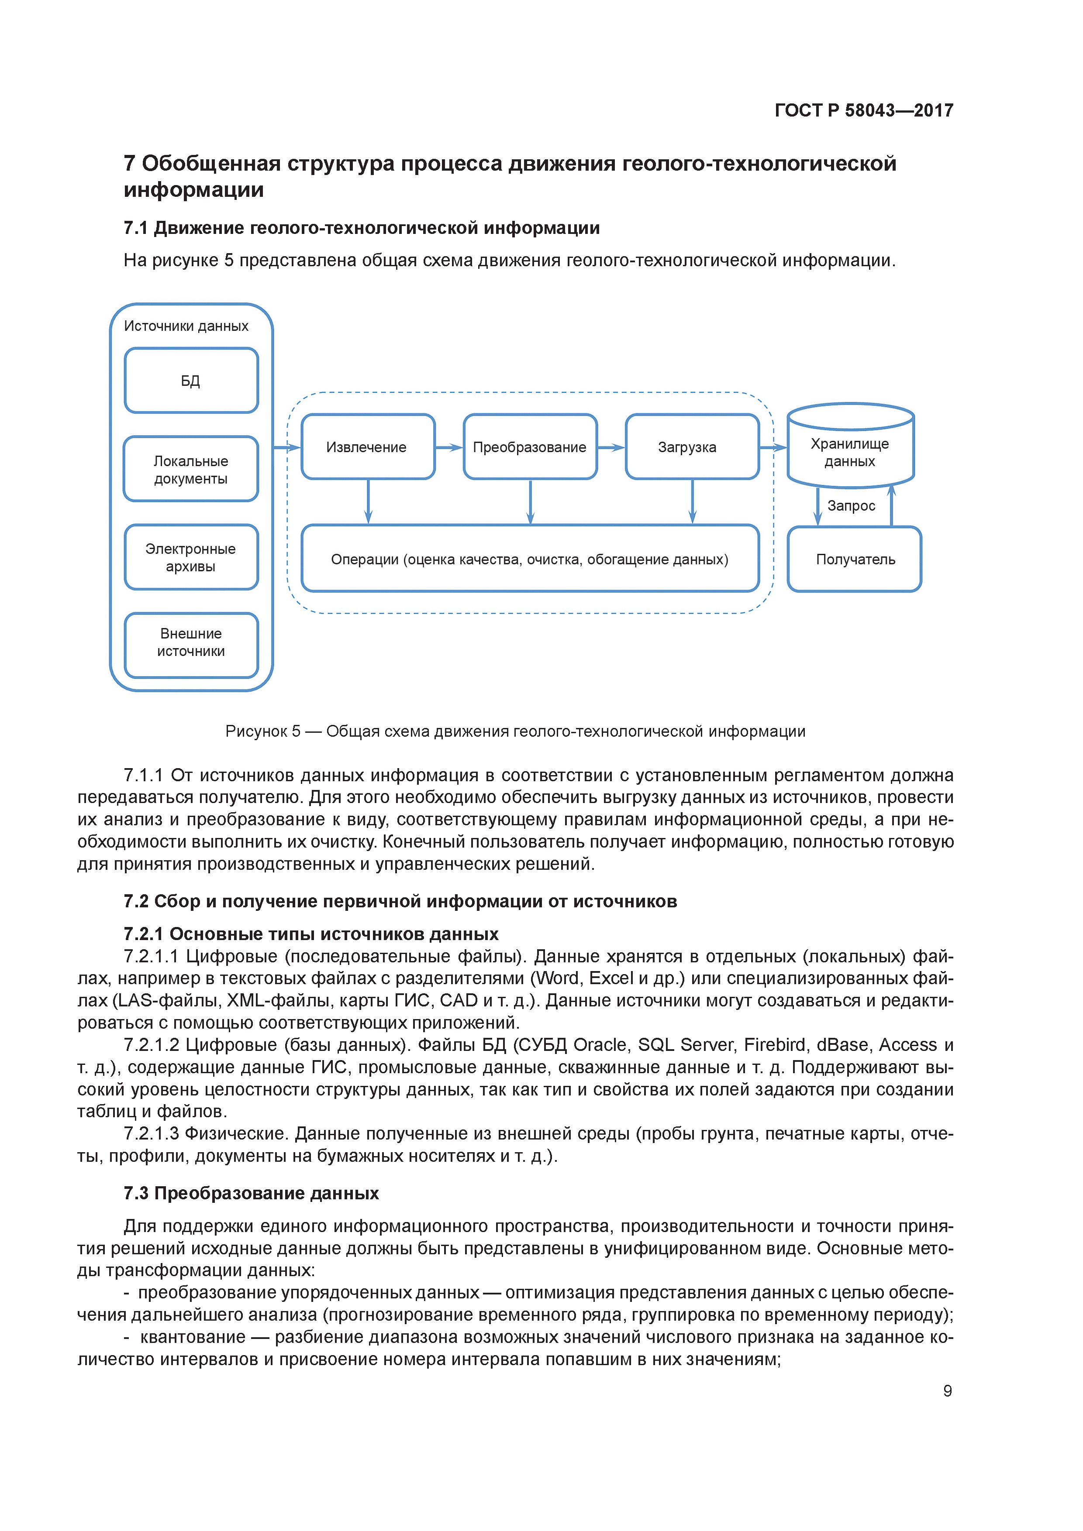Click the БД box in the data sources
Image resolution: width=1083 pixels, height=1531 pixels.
[x=191, y=380]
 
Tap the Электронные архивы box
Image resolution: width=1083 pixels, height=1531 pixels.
[x=191, y=557]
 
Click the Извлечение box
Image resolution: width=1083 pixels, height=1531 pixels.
[x=368, y=447]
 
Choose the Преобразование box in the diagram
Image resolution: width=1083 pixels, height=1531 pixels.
[x=530, y=447]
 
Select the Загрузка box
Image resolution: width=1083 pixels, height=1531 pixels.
[x=692, y=447]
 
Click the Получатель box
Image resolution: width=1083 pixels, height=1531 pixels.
[x=854, y=559]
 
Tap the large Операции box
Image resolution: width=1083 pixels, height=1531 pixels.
[x=530, y=559]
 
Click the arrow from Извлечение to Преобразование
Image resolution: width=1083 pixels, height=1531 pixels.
[x=449, y=447]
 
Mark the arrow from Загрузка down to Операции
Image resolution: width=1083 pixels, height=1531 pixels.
[x=692, y=501]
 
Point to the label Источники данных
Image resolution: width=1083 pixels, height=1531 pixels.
[x=186, y=326]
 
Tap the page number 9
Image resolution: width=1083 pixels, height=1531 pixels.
[x=947, y=1390]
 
